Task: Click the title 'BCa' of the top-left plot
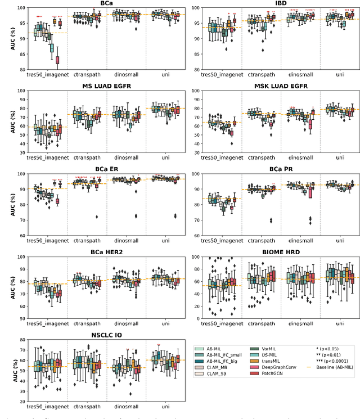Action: [x=106, y=3]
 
